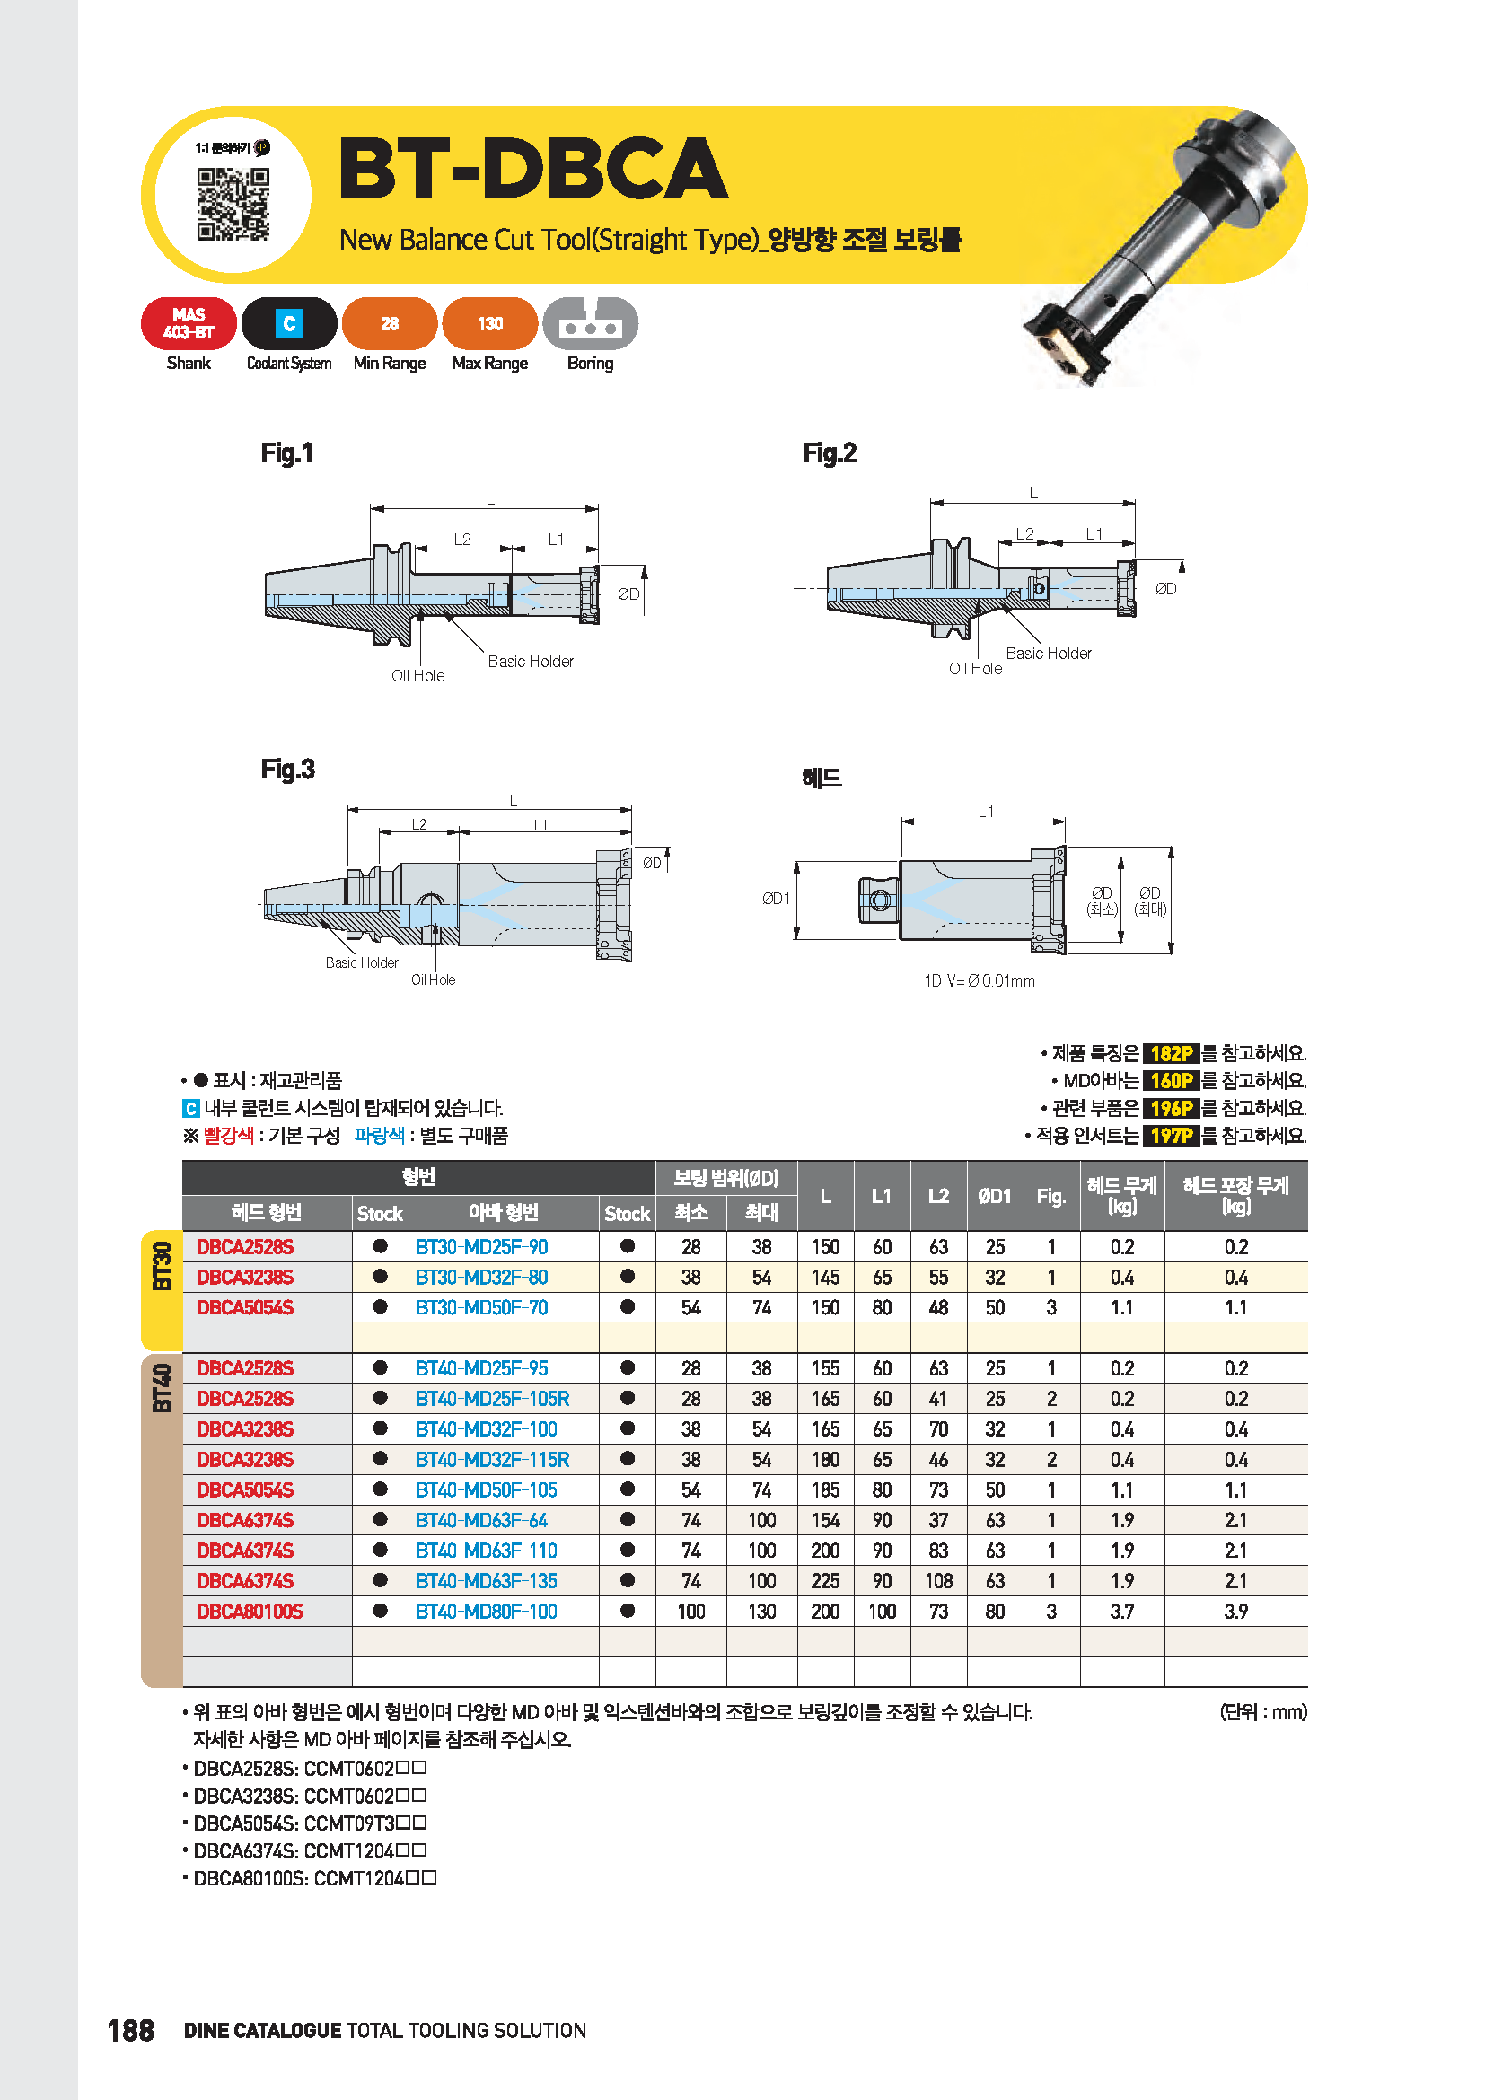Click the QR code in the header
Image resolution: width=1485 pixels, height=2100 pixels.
[233, 204]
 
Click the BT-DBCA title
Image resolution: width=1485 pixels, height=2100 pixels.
[532, 168]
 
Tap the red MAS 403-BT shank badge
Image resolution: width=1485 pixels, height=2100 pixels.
[189, 324]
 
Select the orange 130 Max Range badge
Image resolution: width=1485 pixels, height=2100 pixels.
[489, 324]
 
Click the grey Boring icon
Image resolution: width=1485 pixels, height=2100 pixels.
[590, 324]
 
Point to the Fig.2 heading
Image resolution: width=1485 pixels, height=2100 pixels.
[830, 453]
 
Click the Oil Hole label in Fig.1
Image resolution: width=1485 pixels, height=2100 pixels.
[417, 676]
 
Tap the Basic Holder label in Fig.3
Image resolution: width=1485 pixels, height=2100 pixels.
[361, 963]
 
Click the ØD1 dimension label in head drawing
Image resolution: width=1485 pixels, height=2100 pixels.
[776, 899]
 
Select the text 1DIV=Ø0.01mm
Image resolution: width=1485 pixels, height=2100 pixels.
[980, 981]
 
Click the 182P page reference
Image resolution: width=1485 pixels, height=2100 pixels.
[1171, 1054]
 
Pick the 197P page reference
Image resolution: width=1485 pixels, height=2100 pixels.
[1171, 1136]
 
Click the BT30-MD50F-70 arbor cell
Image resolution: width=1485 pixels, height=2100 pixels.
[482, 1308]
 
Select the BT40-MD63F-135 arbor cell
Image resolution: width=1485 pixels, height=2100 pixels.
[487, 1581]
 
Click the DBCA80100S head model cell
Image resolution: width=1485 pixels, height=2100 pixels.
[250, 1612]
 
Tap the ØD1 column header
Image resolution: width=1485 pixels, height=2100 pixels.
[995, 1196]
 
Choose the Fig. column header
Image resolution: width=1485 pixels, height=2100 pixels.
[1051, 1196]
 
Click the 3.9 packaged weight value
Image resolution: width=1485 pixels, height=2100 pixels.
[1235, 1612]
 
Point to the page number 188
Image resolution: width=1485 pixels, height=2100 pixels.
[131, 2031]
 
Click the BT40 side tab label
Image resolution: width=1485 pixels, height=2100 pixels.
[162, 1388]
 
